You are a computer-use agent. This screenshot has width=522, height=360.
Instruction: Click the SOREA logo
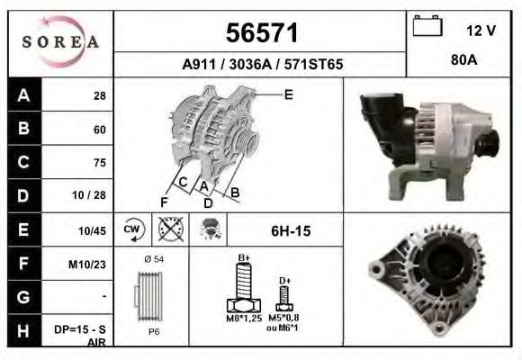pyautogui.click(x=59, y=43)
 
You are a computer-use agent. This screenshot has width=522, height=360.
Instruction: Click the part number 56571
pyautogui.click(x=261, y=33)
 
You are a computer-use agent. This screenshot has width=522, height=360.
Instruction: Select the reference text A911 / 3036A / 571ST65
pyautogui.click(x=262, y=65)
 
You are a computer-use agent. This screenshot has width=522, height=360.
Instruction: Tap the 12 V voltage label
pyautogui.click(x=481, y=30)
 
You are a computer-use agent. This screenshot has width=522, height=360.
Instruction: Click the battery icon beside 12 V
pyautogui.click(x=427, y=27)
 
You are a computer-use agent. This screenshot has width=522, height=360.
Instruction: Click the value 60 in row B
pyautogui.click(x=99, y=130)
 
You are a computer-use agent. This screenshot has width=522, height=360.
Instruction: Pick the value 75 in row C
pyautogui.click(x=99, y=163)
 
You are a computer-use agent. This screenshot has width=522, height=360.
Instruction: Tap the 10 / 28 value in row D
pyautogui.click(x=94, y=196)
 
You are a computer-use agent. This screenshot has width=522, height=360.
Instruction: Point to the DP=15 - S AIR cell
pyautogui.click(x=86, y=336)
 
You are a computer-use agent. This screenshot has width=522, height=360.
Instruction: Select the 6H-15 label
pyautogui.click(x=290, y=231)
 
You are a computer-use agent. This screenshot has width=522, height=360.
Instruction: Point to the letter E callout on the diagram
pyautogui.click(x=288, y=94)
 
